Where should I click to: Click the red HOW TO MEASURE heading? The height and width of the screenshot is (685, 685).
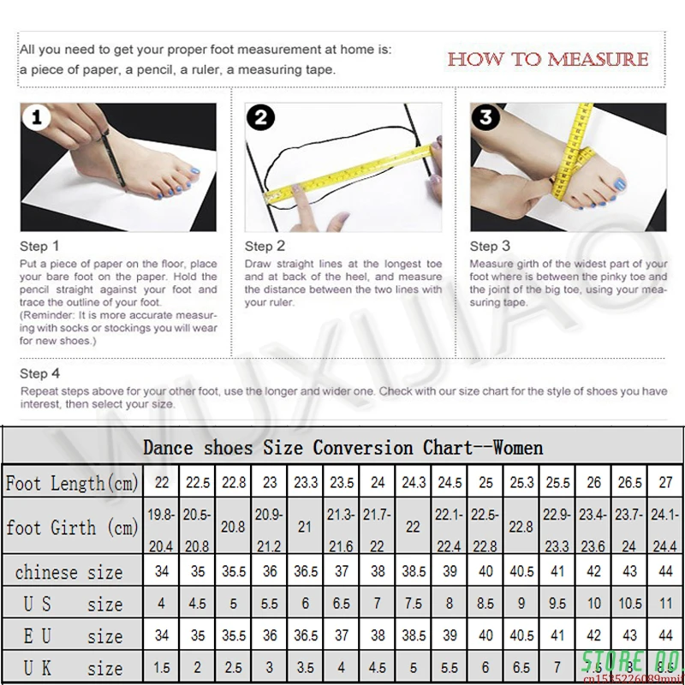click(547, 59)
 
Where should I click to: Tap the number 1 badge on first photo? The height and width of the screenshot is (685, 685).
click(36, 119)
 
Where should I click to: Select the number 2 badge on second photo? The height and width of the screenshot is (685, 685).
click(260, 117)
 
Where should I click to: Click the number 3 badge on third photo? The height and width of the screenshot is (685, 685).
click(486, 117)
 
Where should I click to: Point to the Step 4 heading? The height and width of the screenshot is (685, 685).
click(40, 373)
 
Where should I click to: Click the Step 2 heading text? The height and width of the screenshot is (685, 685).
click(265, 247)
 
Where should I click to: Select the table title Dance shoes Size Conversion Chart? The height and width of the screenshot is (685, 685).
click(342, 447)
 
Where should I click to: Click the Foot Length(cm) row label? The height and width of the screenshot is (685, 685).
click(72, 483)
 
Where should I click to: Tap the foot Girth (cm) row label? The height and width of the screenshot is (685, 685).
click(72, 527)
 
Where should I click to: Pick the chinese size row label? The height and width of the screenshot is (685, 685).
click(68, 571)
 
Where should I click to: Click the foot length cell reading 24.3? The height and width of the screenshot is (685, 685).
click(414, 483)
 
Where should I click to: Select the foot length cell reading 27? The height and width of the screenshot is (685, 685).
click(665, 483)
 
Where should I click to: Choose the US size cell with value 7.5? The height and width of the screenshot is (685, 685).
click(414, 604)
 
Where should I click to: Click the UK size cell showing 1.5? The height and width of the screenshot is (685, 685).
click(161, 666)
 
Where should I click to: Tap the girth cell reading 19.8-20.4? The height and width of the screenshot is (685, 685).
click(161, 527)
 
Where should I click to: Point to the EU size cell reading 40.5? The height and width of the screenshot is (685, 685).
click(521, 635)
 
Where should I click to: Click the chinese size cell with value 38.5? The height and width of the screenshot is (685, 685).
click(414, 571)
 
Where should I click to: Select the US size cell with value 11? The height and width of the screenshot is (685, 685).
click(665, 604)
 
